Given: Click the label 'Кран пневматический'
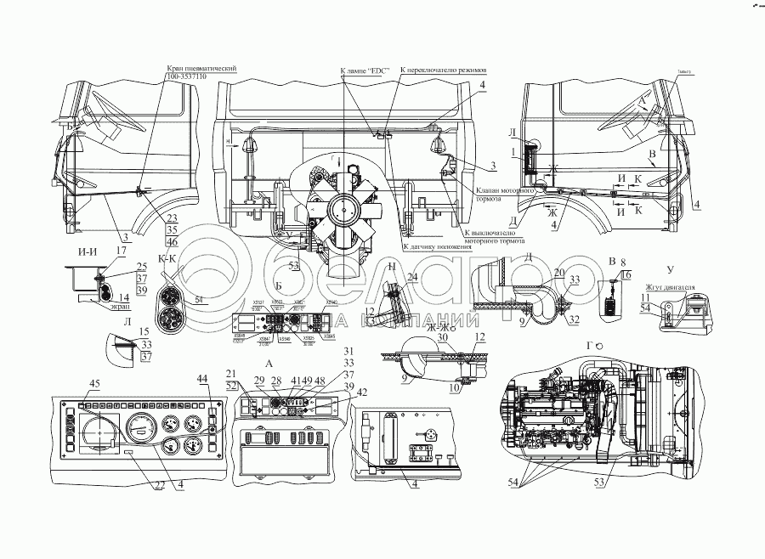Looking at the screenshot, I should (201, 68).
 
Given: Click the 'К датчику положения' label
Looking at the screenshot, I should (436, 246).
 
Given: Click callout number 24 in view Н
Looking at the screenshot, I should (413, 276).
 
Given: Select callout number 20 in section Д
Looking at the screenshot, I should (558, 273).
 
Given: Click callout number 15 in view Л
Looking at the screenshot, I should (144, 330).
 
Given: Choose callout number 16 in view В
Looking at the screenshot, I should (627, 275).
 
